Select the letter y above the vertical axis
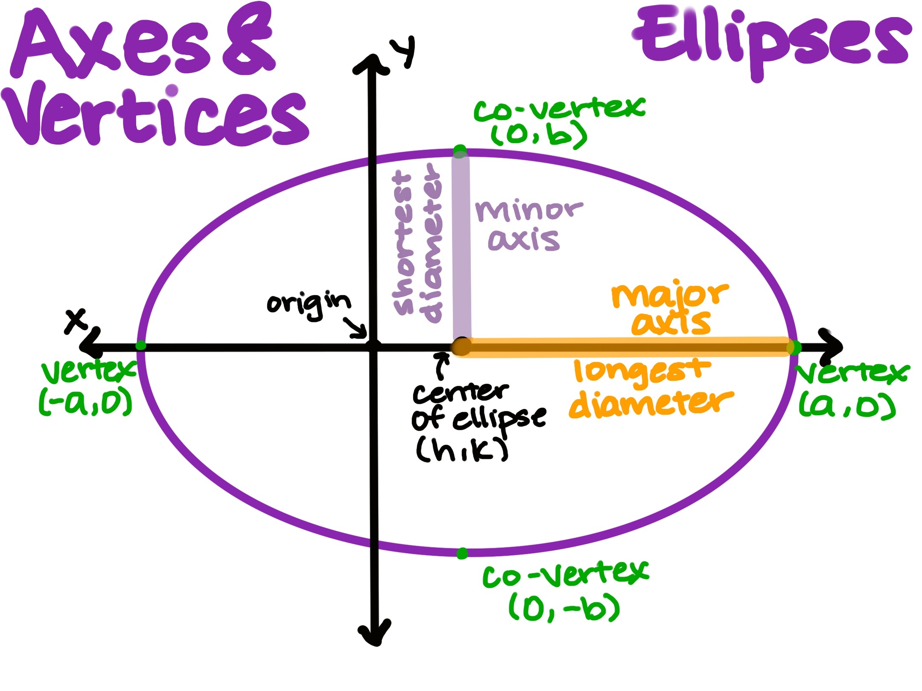pyautogui.click(x=403, y=51)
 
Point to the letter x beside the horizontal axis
pyautogui.click(x=76, y=321)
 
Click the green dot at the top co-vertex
pyautogui.click(x=460, y=151)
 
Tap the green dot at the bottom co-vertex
pyautogui.click(x=462, y=554)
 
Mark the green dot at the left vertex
pyautogui.click(x=140, y=345)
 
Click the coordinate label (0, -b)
pyautogui.click(x=564, y=607)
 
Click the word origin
pyautogui.click(x=308, y=304)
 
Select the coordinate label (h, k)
pyautogui.click(x=462, y=450)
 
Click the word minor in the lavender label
pyautogui.click(x=529, y=211)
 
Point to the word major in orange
pyautogui.click(x=670, y=295)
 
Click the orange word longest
pyautogui.click(x=642, y=372)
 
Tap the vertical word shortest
pyautogui.click(x=402, y=243)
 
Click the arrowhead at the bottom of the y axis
pyautogui.click(x=375, y=633)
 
